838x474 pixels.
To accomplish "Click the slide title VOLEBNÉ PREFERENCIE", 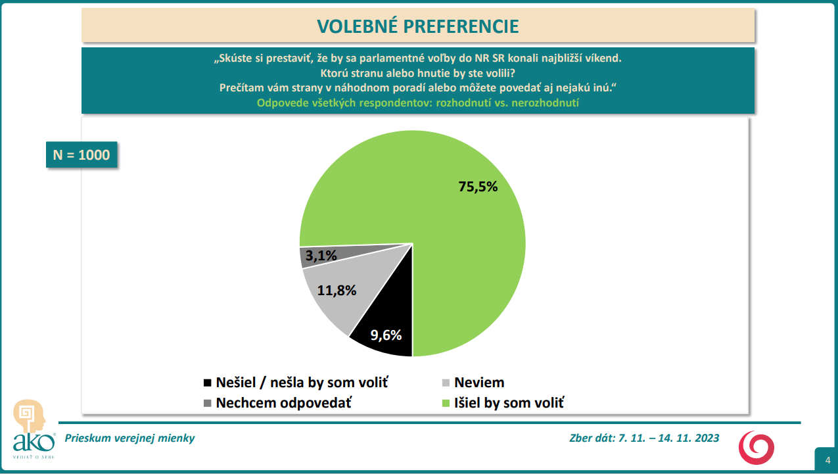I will tap(418, 26).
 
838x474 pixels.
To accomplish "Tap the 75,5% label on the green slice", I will tap(478, 187).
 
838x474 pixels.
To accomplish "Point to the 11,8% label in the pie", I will tap(337, 290).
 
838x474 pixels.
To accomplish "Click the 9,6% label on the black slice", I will tap(386, 335).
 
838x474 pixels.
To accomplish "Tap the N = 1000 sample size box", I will tap(81, 155).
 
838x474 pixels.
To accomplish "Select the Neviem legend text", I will tap(479, 383).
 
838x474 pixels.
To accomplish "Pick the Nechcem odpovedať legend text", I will tap(283, 403).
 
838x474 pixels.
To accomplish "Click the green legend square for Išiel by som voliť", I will tap(446, 403).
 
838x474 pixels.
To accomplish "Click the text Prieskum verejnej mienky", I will tap(129, 438).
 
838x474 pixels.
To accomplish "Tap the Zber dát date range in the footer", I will tap(644, 438).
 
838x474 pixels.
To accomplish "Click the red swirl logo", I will tap(757, 447).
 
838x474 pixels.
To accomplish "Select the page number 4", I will tap(827, 460).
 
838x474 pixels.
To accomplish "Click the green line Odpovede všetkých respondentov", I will tap(417, 103).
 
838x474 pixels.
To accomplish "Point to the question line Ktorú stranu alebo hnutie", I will tap(417, 72).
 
